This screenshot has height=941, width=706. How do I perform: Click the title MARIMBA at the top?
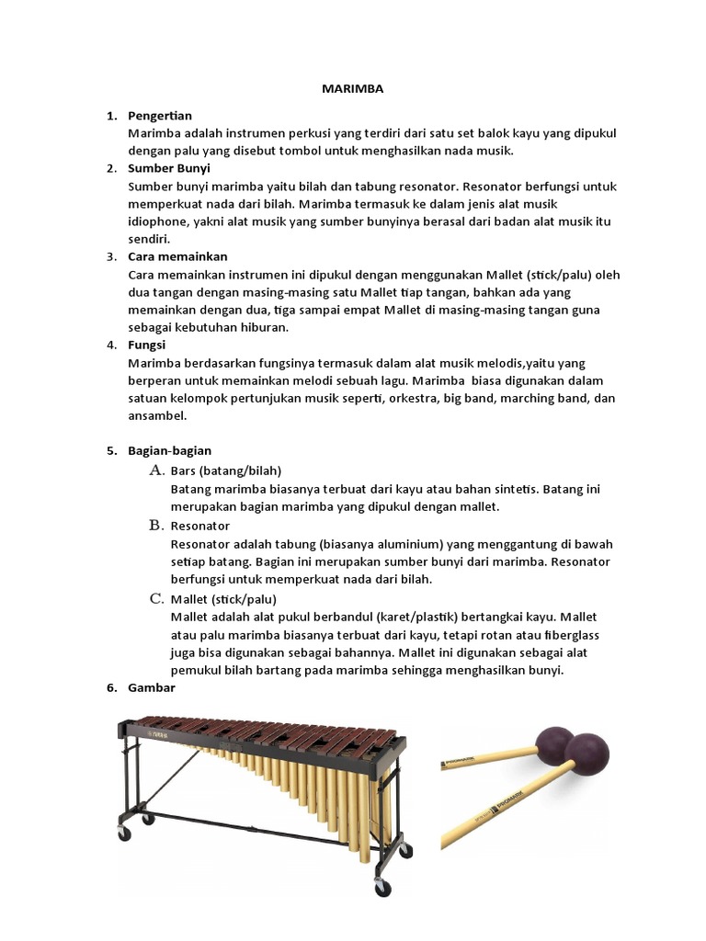click(352, 89)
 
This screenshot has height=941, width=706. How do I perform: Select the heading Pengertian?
click(160, 116)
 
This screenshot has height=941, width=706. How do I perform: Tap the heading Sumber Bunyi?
click(169, 168)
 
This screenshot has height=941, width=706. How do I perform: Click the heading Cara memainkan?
click(177, 256)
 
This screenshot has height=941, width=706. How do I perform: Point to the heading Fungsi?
click(147, 345)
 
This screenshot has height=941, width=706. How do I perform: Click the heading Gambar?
click(152, 687)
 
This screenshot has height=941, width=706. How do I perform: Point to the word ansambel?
click(157, 415)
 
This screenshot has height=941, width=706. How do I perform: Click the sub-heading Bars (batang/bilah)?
click(225, 471)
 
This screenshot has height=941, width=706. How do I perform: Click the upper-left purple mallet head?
click(554, 743)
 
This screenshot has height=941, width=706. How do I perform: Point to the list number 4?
click(111, 345)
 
